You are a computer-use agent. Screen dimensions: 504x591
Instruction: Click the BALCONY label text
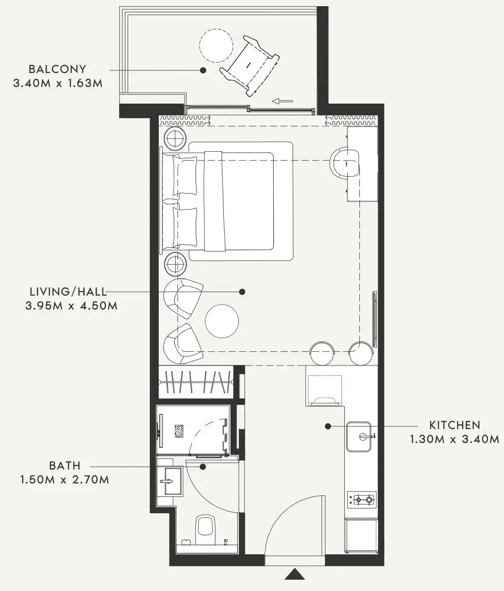click(57, 69)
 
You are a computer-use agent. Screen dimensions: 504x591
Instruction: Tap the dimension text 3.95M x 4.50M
click(71, 306)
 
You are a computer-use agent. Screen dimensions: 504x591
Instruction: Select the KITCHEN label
click(455, 425)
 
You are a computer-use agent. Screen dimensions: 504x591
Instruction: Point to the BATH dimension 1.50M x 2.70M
click(65, 480)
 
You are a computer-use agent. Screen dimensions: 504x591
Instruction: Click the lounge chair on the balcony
click(250, 66)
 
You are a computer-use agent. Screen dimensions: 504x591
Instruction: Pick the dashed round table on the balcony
click(216, 46)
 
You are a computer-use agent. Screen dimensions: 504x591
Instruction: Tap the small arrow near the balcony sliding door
click(282, 101)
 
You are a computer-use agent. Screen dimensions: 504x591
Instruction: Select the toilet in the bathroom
click(205, 530)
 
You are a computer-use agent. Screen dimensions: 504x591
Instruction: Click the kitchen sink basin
click(358, 437)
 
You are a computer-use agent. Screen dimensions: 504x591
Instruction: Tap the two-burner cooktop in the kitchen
click(362, 500)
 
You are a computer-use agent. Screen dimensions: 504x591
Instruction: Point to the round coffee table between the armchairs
click(222, 321)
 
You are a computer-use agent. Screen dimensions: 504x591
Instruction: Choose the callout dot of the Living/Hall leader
click(242, 291)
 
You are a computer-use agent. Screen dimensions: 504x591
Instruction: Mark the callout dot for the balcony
click(203, 70)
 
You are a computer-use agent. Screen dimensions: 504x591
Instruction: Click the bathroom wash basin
click(171, 481)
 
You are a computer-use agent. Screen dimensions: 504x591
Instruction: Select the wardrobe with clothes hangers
click(196, 382)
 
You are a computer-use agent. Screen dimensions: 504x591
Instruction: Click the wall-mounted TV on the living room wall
click(374, 319)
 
